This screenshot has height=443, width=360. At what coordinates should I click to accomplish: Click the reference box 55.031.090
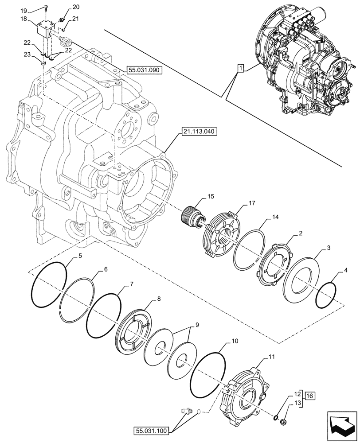pos(145,70)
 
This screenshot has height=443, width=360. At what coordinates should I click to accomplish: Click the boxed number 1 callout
pos(240,68)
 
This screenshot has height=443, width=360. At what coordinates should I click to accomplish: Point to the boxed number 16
pos(309,395)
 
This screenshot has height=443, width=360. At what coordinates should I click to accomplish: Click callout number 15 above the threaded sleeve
pos(210,196)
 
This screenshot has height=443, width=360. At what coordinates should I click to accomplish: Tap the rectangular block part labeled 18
pos(43,31)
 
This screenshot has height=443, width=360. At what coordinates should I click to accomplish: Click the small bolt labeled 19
pos(46,7)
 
